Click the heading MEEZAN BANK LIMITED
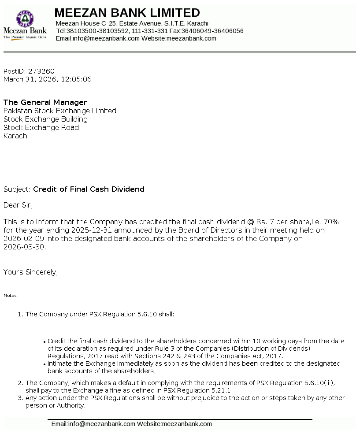point(127,12)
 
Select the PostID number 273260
point(41,71)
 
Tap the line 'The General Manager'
point(45,103)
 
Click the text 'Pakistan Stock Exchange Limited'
point(60,111)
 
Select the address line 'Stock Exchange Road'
point(41,128)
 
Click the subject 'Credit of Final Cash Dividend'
point(89,189)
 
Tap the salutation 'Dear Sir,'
point(18,205)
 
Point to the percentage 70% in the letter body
point(331,222)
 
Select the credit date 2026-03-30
point(24,247)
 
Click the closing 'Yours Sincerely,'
point(31,272)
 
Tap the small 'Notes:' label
point(11,296)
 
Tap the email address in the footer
point(93,424)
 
